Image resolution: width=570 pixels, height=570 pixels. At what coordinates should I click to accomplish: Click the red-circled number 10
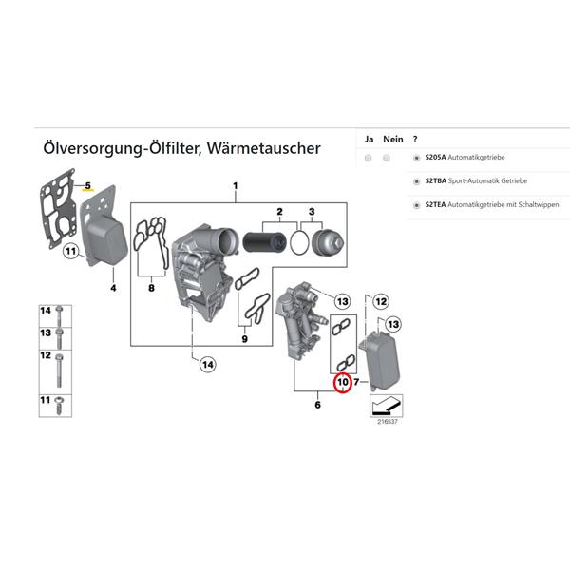point(343,383)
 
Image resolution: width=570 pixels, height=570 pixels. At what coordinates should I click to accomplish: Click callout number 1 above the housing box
point(236,186)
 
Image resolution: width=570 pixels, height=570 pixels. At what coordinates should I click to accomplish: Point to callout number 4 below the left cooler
point(112,286)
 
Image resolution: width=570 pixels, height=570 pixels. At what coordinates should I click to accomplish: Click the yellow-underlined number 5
point(87,184)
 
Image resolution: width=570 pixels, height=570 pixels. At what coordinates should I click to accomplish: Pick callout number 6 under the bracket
point(317,404)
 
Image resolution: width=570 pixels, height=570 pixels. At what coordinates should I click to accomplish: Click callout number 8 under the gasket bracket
point(150,287)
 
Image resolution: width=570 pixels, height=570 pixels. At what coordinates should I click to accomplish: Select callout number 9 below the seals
point(244,338)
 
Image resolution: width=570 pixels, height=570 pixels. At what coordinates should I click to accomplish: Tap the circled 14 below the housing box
point(205,362)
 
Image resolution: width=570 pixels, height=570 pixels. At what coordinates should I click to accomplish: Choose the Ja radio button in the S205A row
point(368,158)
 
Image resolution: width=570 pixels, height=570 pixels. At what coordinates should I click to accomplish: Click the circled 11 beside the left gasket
point(70,252)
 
